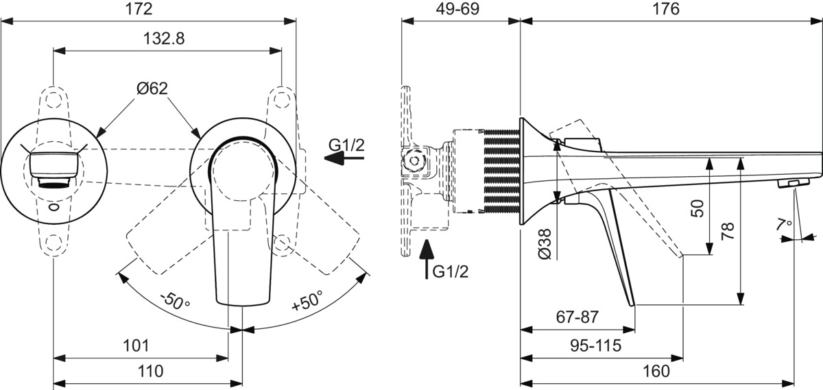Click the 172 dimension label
click(139, 9)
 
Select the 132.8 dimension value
click(163, 38)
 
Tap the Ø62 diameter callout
click(152, 88)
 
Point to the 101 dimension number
click(136, 346)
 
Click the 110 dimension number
click(150, 371)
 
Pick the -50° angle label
click(176, 301)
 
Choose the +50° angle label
click(307, 300)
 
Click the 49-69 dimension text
click(457, 9)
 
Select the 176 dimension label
click(666, 9)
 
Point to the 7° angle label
click(785, 223)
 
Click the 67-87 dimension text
click(577, 317)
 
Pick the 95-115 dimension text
click(595, 345)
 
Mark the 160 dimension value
click(656, 371)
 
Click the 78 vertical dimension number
click(728, 231)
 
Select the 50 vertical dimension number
click(697, 208)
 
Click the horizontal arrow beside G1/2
click(344, 158)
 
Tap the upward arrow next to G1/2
click(427, 259)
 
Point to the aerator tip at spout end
click(793, 183)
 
